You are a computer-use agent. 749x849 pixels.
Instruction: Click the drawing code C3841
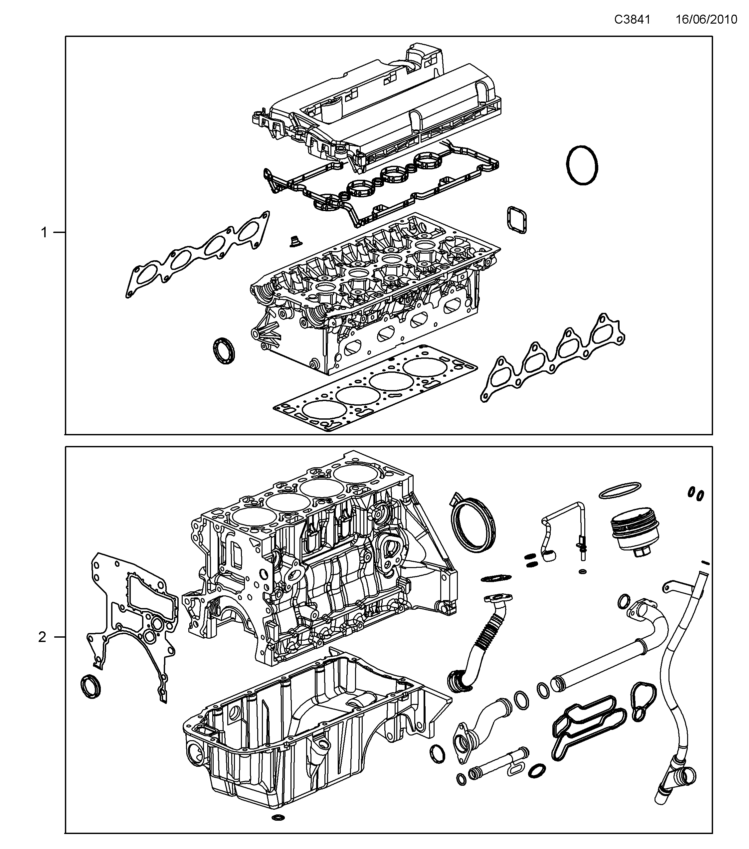pyautogui.click(x=632, y=20)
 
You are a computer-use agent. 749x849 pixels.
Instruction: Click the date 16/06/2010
pyautogui.click(x=706, y=20)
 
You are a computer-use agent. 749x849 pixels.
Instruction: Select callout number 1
pyautogui.click(x=44, y=233)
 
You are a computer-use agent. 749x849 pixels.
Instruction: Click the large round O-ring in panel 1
pyautogui.click(x=582, y=165)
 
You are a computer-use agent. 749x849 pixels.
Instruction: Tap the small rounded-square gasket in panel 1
pyautogui.click(x=516, y=219)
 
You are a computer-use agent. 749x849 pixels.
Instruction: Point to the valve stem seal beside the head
pyautogui.click(x=295, y=241)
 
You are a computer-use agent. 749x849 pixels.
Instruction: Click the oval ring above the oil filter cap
pyautogui.click(x=620, y=490)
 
